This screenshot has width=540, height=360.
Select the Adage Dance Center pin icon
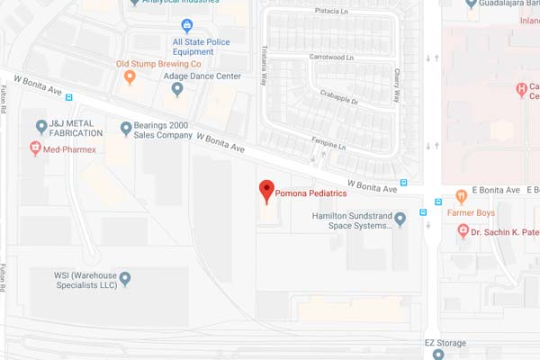(x=177, y=89)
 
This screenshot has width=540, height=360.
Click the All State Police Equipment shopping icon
(x=187, y=25)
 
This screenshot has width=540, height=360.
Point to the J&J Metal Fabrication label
(x=77, y=127)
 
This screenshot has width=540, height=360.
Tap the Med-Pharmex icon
(x=36, y=148)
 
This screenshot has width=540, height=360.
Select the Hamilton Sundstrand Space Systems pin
(x=400, y=220)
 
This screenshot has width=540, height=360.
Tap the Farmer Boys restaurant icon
(x=460, y=195)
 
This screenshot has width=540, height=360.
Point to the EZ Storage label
(x=447, y=344)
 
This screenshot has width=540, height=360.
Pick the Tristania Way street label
(x=264, y=67)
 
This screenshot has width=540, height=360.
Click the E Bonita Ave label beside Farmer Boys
(x=499, y=191)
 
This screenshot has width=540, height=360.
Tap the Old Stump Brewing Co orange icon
(x=130, y=77)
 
